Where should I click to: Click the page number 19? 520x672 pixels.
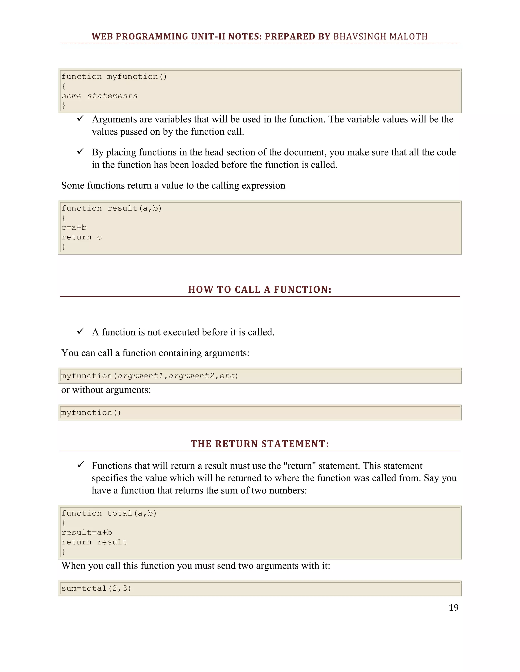(453, 608)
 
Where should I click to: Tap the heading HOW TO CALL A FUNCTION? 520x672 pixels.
(260, 290)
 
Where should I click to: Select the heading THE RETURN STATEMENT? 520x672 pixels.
(260, 444)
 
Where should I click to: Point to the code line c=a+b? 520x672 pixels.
(74, 228)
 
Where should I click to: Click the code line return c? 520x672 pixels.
(82, 237)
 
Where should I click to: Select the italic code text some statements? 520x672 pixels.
(100, 96)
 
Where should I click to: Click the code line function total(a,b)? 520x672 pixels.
(109, 513)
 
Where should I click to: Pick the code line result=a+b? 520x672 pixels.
(87, 532)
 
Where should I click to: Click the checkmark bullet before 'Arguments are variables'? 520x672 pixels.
(81, 118)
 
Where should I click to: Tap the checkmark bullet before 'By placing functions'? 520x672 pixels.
(81, 151)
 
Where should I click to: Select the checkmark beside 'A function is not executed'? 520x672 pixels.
(81, 331)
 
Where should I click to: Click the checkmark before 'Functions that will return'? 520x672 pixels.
(81, 465)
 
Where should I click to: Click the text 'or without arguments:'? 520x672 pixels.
(106, 390)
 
